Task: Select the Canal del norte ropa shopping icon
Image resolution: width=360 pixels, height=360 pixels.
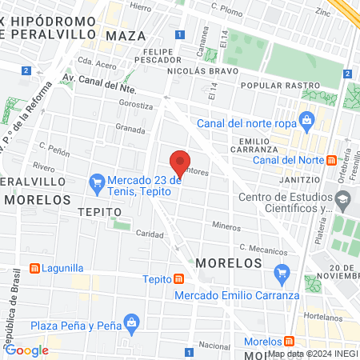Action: coord(305,121)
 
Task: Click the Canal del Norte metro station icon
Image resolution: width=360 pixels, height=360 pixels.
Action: coord(331,159)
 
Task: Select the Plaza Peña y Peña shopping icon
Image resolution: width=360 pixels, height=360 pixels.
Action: coord(133,324)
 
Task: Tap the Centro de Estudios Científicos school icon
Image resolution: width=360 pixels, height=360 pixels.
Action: coord(343,198)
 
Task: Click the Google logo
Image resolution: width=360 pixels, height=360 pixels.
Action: coord(26,350)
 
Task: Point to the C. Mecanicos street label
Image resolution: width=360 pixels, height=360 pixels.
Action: coord(268,249)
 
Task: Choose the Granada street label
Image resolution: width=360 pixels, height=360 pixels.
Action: coord(130,128)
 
